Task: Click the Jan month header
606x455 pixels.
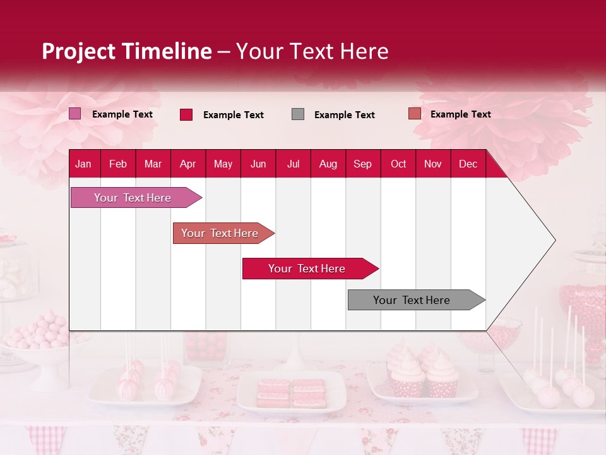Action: tap(83, 164)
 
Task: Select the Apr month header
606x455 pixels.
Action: tap(187, 164)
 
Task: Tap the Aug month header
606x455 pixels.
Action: tap(328, 164)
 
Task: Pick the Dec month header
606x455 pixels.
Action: tap(468, 164)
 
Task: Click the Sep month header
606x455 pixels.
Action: tap(362, 164)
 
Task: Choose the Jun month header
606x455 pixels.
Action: tap(258, 164)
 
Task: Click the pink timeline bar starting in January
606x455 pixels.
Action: tap(133, 198)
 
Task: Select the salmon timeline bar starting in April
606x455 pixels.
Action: tap(220, 233)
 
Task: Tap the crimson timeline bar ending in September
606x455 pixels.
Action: tap(307, 269)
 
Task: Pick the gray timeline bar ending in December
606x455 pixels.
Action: tap(412, 300)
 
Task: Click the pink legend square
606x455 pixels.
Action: tap(74, 114)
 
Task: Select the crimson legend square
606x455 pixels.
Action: tap(186, 114)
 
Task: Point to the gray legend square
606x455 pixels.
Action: tap(298, 114)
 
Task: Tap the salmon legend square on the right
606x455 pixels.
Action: tap(414, 114)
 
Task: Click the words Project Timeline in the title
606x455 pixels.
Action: tap(126, 51)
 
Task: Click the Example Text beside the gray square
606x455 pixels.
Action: tap(344, 115)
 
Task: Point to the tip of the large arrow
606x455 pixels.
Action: tap(554, 240)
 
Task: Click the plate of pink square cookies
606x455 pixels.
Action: tap(291, 392)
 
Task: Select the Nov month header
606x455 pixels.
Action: tap(432, 164)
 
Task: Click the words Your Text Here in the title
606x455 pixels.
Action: tap(312, 51)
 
